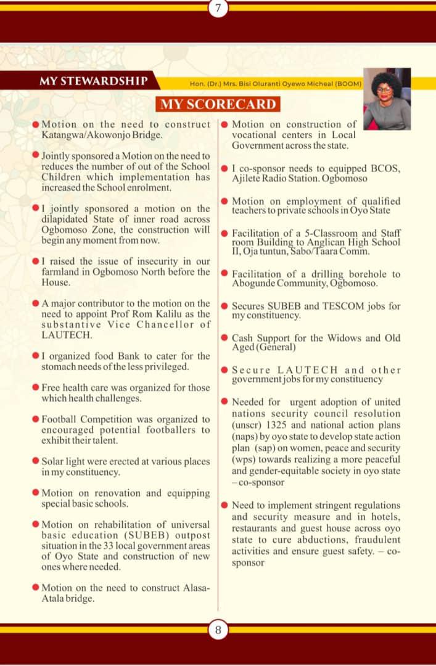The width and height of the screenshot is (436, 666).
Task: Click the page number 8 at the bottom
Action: (x=218, y=630)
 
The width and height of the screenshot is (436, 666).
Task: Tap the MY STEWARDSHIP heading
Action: (x=93, y=81)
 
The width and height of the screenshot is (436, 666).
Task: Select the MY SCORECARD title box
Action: (x=218, y=104)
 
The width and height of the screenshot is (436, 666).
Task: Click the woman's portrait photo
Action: (x=387, y=99)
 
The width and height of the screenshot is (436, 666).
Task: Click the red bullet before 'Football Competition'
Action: (x=36, y=419)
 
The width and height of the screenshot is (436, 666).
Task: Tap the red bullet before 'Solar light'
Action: (x=36, y=461)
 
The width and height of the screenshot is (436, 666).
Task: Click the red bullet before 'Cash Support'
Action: (x=226, y=338)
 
